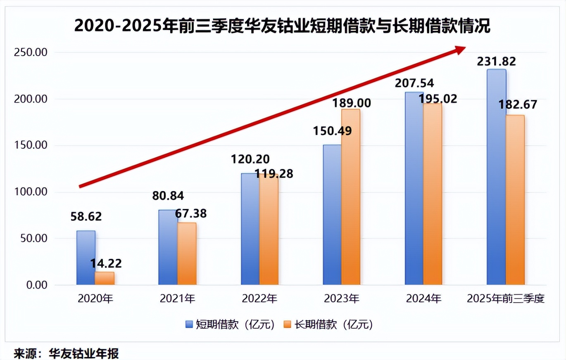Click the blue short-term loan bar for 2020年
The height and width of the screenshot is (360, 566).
(x=86, y=258)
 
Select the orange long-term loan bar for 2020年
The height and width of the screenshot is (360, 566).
(x=105, y=278)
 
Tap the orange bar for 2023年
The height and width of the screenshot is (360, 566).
(x=351, y=197)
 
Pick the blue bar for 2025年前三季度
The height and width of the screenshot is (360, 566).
(x=496, y=177)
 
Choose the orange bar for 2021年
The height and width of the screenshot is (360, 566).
(x=187, y=253)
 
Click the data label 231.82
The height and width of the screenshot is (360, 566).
(x=496, y=62)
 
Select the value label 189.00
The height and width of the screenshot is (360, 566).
(x=352, y=102)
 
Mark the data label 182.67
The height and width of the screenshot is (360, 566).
(x=518, y=104)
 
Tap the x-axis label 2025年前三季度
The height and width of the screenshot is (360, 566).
(x=506, y=298)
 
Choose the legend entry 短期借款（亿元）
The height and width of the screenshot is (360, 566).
(x=230, y=324)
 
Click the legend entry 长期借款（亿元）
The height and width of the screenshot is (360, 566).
(x=328, y=324)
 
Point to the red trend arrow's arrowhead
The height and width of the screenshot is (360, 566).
(x=459, y=50)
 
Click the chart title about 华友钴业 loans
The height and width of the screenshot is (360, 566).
(x=283, y=26)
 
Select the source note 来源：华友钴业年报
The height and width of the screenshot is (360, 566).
(x=66, y=354)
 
